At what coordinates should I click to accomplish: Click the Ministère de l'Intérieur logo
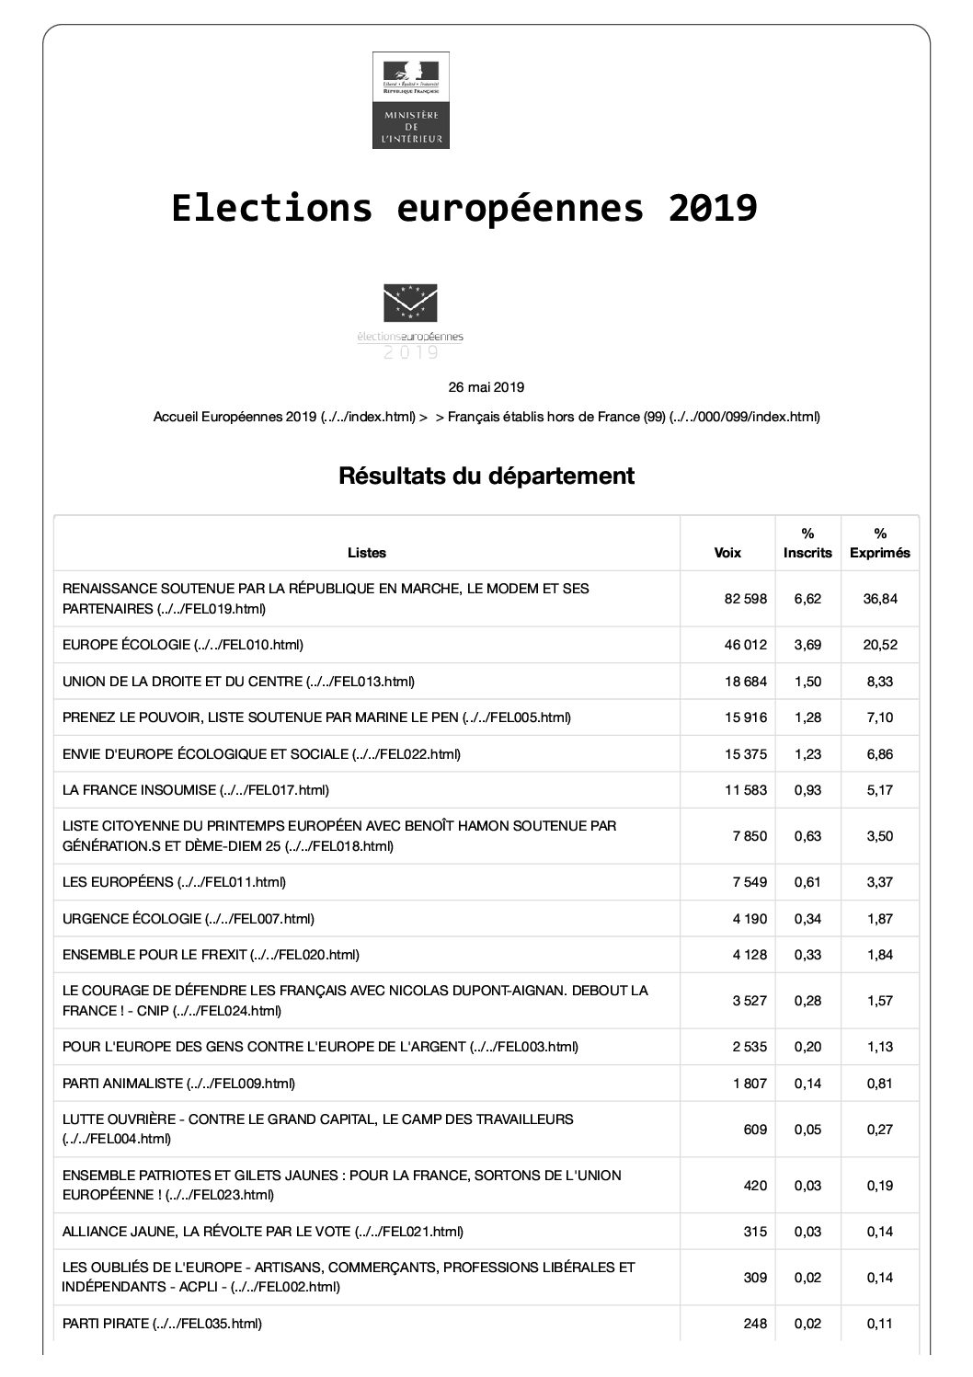pos(410,99)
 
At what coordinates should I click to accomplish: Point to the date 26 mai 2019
pos(486,387)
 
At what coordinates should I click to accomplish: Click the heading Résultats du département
pos(486,476)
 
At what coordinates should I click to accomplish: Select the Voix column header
pos(727,553)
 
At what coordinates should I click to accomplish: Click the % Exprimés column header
pos(880,543)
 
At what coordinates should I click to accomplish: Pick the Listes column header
pos(367,553)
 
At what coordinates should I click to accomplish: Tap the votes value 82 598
pos(745,599)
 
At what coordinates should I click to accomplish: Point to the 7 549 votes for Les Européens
pos(750,882)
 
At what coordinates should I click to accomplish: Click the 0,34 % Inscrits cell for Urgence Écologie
pos(807,919)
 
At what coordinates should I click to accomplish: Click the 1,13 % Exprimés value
pos(880,1047)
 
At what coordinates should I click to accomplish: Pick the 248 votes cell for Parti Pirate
pos(754,1324)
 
